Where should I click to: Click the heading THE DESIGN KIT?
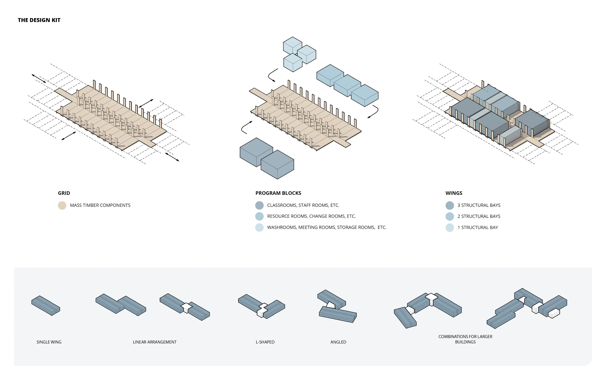point(39,20)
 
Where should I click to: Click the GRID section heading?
point(64,193)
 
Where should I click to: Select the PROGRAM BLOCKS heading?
point(278,193)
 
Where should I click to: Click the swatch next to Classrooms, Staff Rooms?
point(259,205)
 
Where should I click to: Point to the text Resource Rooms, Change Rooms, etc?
point(311,216)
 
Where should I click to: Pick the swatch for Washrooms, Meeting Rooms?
point(259,227)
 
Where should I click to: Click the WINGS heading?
point(454,193)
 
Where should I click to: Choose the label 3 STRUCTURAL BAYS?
point(479,205)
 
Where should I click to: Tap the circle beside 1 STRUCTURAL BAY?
point(450,227)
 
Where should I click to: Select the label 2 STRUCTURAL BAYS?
point(479,216)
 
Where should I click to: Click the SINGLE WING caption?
point(49,342)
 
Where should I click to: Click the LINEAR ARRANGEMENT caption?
point(154,342)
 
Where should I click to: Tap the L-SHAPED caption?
point(265,342)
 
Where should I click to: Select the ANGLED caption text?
point(338,342)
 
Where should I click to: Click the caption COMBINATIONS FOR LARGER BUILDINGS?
point(465,339)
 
